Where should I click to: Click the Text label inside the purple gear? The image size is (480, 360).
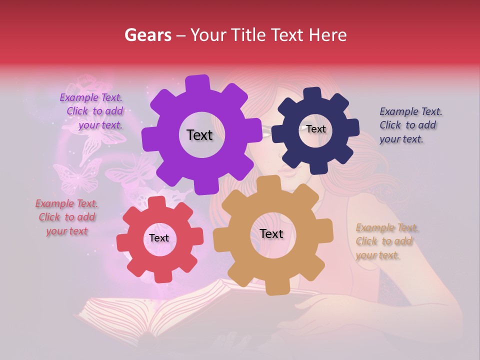tap(199, 135)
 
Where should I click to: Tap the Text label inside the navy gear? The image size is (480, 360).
tap(315, 129)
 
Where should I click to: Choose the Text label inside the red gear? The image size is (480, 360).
tap(159, 238)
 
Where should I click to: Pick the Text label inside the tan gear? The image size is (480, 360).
tap(271, 234)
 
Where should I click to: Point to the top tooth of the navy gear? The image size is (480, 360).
tap(312, 93)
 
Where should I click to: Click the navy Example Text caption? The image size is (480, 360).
tap(410, 125)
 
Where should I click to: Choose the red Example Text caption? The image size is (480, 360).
tap(66, 217)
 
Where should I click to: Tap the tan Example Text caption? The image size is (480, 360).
tap(386, 241)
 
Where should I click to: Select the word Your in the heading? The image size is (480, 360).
tap(208, 35)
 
